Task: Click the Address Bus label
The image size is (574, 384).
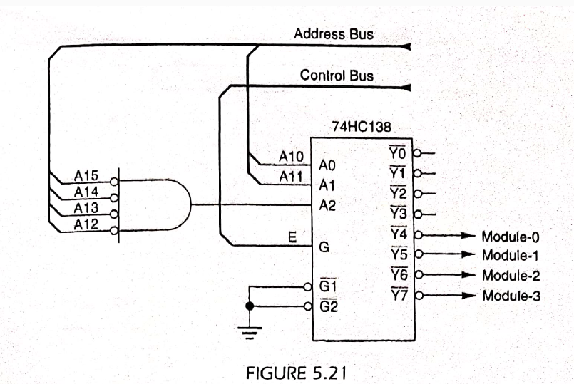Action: tap(333, 34)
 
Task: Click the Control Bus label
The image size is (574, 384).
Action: tap(336, 75)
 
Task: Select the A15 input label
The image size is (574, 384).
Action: tap(86, 175)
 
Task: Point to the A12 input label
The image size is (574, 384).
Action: tap(86, 224)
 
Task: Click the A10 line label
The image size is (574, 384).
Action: tap(291, 157)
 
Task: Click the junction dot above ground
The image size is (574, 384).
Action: tap(250, 306)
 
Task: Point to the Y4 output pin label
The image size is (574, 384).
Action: tap(397, 233)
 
